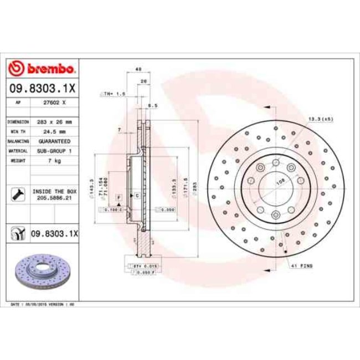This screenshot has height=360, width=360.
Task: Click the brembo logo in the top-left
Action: point(42,69)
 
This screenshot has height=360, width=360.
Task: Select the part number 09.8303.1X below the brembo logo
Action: point(42,88)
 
